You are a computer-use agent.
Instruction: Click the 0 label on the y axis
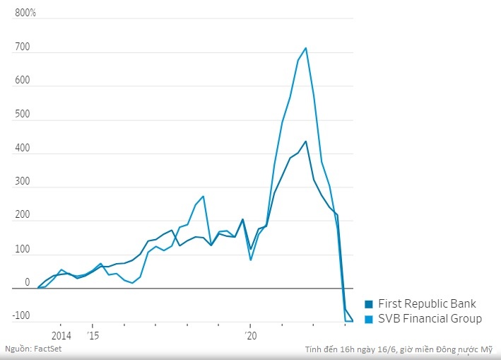click(x=28, y=282)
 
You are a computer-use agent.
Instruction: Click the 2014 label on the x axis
click(x=61, y=335)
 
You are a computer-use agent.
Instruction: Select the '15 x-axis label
click(x=93, y=335)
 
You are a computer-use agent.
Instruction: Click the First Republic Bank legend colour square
click(x=369, y=303)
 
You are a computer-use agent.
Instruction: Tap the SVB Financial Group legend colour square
click(x=369, y=319)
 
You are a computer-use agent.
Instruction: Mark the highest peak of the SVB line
click(x=305, y=48)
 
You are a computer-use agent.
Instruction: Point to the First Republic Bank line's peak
click(x=305, y=141)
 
